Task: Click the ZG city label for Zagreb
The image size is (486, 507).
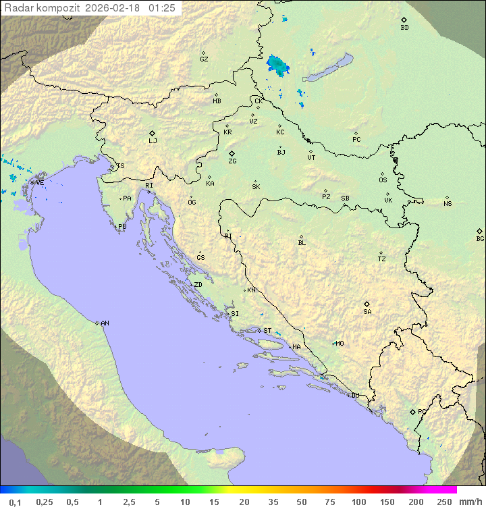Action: click(x=232, y=162)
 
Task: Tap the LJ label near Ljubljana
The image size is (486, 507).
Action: click(x=153, y=141)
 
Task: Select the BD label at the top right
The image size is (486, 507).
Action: click(x=404, y=28)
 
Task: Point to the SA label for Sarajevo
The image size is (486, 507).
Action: click(x=367, y=312)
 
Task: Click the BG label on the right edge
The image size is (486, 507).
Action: click(x=480, y=239)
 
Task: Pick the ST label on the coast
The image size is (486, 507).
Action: click(x=267, y=331)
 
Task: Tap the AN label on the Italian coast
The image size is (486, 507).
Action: click(x=105, y=323)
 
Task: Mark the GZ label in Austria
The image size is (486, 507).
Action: click(x=204, y=59)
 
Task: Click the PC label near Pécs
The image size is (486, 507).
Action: click(x=356, y=140)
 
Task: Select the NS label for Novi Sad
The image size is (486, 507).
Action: click(x=448, y=204)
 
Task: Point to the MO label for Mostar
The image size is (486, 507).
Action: click(x=340, y=344)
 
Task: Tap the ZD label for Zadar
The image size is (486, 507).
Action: click(x=198, y=285)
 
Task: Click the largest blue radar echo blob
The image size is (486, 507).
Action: click(x=277, y=65)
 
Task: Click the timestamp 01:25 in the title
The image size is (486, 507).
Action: click(x=162, y=8)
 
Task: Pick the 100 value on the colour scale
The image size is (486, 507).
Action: click(x=358, y=502)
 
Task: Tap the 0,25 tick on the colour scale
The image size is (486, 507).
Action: click(x=45, y=502)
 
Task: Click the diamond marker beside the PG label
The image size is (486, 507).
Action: click(x=412, y=412)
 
